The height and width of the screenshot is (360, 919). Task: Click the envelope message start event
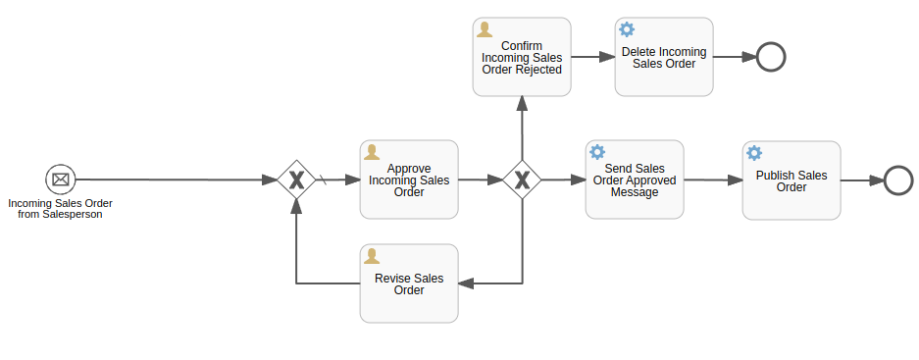pyautogui.click(x=60, y=180)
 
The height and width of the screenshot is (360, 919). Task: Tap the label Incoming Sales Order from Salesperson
pyautogui.click(x=60, y=208)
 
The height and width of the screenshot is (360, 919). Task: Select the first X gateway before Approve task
pyautogui.click(x=296, y=180)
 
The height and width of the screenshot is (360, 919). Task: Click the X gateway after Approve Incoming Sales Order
pyautogui.click(x=522, y=180)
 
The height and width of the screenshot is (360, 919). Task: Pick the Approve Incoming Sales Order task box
pyautogui.click(x=409, y=180)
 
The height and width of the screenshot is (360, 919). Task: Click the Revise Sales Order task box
pyautogui.click(x=409, y=283)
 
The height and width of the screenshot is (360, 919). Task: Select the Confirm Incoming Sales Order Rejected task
pyautogui.click(x=522, y=57)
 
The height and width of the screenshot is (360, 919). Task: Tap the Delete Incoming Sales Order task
pyautogui.click(x=664, y=57)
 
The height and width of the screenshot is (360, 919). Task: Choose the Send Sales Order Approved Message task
pyautogui.click(x=635, y=180)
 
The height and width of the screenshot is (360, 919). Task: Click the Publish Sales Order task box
pyautogui.click(x=791, y=180)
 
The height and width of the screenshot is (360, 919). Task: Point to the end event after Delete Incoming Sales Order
pyautogui.click(x=771, y=57)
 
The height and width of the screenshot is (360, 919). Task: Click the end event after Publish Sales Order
pyautogui.click(x=898, y=180)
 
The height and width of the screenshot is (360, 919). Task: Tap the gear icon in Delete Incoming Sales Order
pyautogui.click(x=627, y=29)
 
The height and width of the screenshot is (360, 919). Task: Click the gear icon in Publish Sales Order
pyautogui.click(x=754, y=153)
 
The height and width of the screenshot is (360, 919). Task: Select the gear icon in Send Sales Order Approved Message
pyautogui.click(x=597, y=152)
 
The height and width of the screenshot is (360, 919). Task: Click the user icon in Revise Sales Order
pyautogui.click(x=372, y=256)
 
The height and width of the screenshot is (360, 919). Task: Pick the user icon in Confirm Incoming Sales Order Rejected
pyautogui.click(x=485, y=29)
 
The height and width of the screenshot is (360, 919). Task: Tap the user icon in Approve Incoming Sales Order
pyautogui.click(x=372, y=152)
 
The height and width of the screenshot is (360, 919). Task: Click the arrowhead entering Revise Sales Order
pyautogui.click(x=466, y=283)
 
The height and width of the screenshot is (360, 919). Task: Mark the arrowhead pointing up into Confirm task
pyautogui.click(x=522, y=103)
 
